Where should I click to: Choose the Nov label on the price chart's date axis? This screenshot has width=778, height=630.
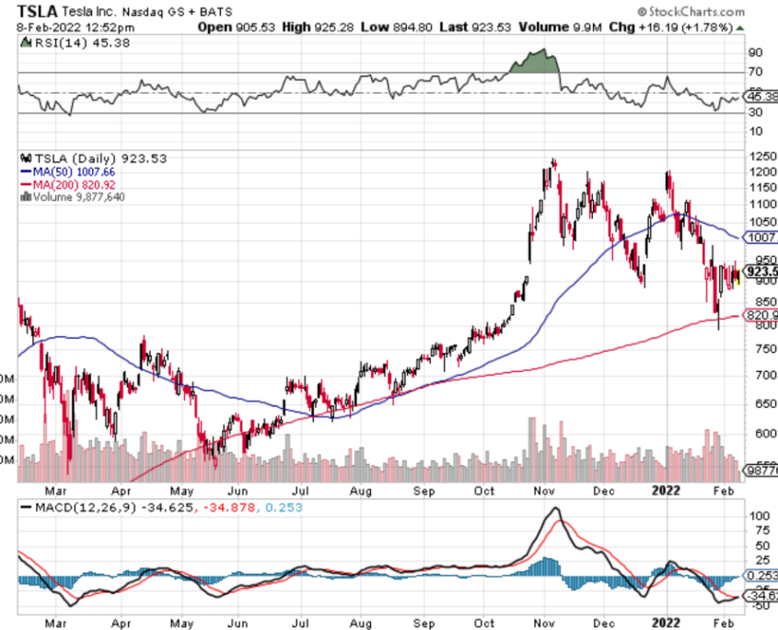point(545,491)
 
